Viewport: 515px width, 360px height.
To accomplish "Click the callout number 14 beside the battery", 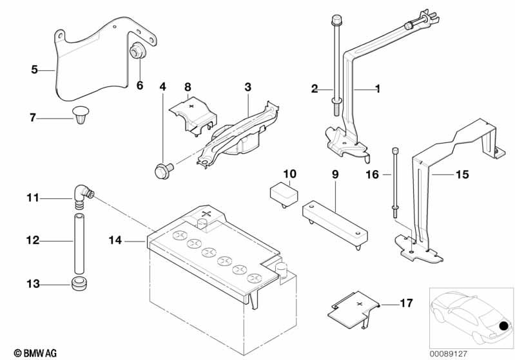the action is [x=115, y=240].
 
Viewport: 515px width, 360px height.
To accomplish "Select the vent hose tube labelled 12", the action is [x=79, y=243].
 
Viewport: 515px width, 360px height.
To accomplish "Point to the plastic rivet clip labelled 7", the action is [x=81, y=115].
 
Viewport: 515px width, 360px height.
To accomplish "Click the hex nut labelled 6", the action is [x=136, y=51].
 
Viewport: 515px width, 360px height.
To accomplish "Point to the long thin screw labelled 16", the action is [x=395, y=183].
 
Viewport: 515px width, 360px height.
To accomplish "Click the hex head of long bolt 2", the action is [x=336, y=21].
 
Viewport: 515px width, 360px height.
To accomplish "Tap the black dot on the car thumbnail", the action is [x=503, y=326].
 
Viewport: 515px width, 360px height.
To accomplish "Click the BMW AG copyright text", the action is [x=35, y=353].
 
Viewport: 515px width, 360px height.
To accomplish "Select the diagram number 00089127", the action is [x=449, y=354].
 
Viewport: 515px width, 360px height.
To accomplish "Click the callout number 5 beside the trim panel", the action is [x=35, y=70].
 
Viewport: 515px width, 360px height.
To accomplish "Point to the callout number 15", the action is [x=462, y=175].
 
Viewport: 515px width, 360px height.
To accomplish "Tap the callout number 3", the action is [x=248, y=87].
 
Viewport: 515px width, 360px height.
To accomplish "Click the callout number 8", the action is [x=188, y=87].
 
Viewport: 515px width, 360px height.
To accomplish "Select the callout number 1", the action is [x=378, y=89].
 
